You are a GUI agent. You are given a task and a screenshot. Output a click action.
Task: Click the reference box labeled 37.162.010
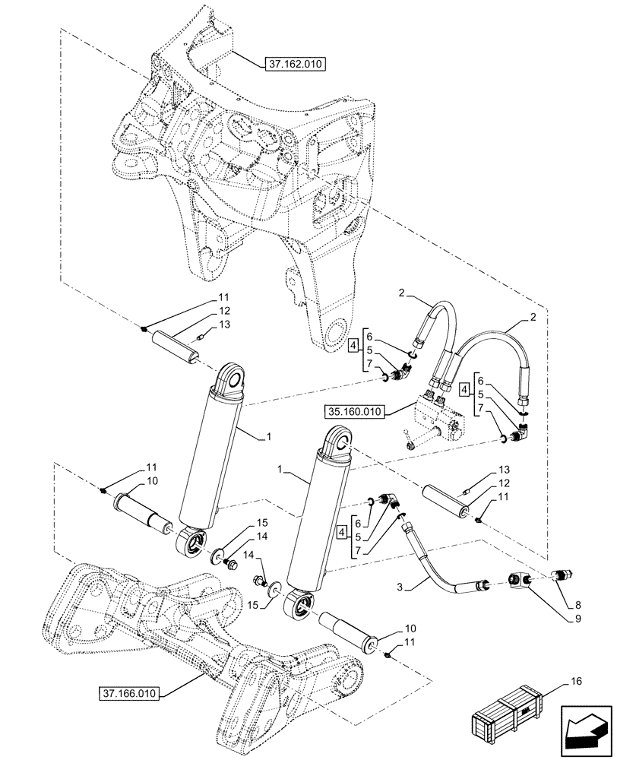coord(295,65)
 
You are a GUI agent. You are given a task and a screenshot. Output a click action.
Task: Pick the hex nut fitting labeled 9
coord(520,582)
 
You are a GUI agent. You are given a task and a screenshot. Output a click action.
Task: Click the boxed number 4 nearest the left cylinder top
coord(354,348)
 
